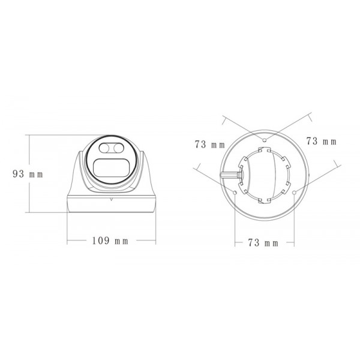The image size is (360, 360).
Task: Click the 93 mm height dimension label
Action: pos(28,174)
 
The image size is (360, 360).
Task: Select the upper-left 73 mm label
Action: pos(209,144)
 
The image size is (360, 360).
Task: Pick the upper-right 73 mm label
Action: pos(321,142)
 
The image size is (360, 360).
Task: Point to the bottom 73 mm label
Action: pos(263,243)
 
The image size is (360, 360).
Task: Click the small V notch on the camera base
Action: pos(112,197)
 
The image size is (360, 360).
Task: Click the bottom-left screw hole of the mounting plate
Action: pos(235,192)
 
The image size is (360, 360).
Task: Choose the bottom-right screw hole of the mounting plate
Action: pos(295,192)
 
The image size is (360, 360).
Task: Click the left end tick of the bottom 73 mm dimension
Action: pos(235,243)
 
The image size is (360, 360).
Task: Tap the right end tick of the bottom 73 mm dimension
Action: pos(294,243)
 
